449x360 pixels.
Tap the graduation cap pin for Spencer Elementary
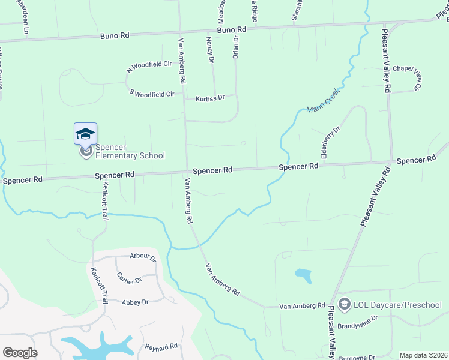[x=85, y=133]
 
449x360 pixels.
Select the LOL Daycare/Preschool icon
[x=345, y=305]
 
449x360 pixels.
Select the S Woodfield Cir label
[x=152, y=94]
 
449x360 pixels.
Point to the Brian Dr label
[x=235, y=47]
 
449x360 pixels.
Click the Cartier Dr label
[x=129, y=280]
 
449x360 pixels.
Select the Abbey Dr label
[x=135, y=302]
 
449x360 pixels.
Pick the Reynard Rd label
[x=161, y=346]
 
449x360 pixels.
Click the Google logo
[x=20, y=352]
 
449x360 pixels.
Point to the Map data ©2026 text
[x=423, y=355]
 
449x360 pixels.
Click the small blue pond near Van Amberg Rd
[x=304, y=275]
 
